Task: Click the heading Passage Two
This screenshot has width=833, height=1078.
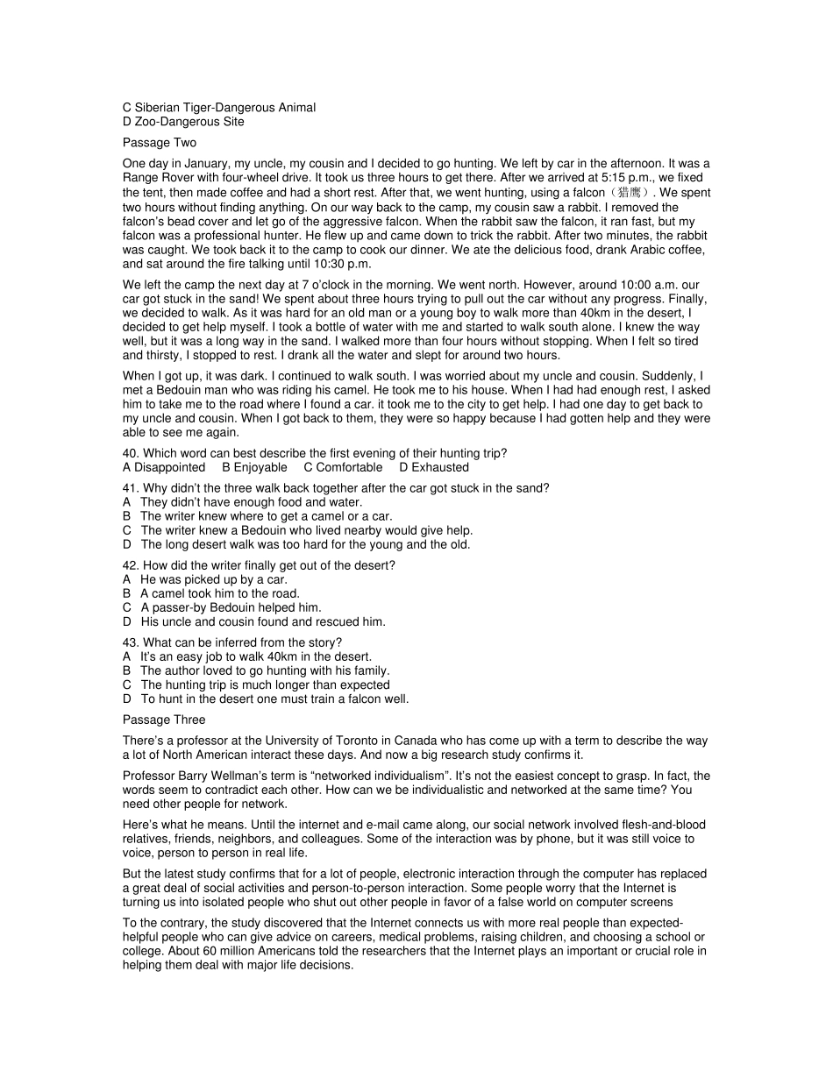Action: [x=160, y=143]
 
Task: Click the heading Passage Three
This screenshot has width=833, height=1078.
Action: [x=164, y=720]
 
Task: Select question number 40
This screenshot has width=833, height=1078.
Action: [x=131, y=453]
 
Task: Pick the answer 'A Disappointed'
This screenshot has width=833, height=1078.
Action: [x=164, y=467]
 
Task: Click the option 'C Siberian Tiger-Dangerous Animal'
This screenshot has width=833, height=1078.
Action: [x=219, y=108]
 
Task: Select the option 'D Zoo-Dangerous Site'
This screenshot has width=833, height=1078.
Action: [x=183, y=122]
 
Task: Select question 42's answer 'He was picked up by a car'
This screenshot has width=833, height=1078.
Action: [x=213, y=579]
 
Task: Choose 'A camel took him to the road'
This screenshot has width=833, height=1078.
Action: [x=219, y=593]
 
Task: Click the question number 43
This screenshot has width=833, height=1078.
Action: [x=131, y=642]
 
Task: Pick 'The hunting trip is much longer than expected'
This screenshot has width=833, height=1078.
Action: [x=265, y=684]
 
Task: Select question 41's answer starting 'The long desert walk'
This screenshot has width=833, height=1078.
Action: [x=305, y=544]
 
